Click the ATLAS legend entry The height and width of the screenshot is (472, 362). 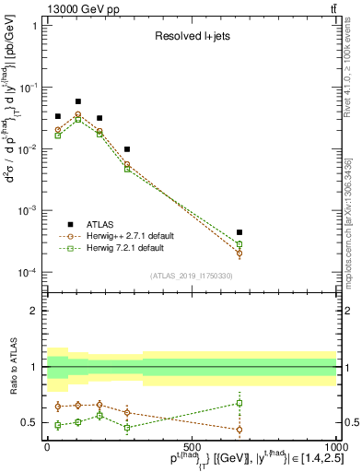tap(101, 224)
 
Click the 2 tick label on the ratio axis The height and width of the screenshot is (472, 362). tap(33, 311)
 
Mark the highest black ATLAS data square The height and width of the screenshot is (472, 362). tap(78, 101)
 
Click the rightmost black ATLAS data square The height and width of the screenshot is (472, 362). tap(239, 232)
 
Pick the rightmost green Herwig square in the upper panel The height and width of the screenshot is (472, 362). tap(239, 244)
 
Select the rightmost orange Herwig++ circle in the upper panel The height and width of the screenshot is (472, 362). tap(239, 253)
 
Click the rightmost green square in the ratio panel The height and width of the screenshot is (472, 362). tap(239, 403)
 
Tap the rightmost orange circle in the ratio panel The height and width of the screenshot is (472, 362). tap(239, 430)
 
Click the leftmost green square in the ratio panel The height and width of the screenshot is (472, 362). tap(57, 425)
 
